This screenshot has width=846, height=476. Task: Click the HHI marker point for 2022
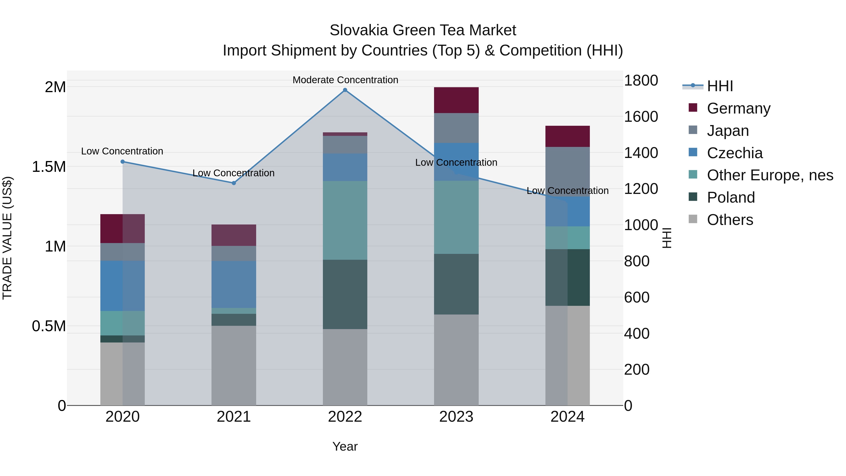(x=345, y=90)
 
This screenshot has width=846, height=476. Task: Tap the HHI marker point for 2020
(x=122, y=162)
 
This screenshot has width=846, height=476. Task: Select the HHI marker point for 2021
(x=234, y=183)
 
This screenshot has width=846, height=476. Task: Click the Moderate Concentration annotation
(x=345, y=80)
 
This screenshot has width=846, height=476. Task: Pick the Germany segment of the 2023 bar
(x=456, y=100)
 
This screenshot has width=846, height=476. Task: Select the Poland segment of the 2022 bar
(x=345, y=294)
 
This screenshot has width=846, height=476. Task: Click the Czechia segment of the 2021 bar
(x=234, y=284)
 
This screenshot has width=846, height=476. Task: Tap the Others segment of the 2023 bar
(x=456, y=360)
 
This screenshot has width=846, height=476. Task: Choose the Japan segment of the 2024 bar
(x=568, y=171)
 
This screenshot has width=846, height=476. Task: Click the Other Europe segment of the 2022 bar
(x=345, y=220)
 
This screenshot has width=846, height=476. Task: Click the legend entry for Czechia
(x=734, y=153)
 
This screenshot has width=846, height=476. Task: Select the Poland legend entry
(x=731, y=197)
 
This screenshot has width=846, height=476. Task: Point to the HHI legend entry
(x=720, y=86)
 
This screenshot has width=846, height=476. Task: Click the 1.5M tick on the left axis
(x=49, y=167)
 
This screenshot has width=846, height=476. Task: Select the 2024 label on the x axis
(x=568, y=417)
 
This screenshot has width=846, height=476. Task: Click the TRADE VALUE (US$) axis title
(x=7, y=238)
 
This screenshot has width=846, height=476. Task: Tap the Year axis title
(x=345, y=446)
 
